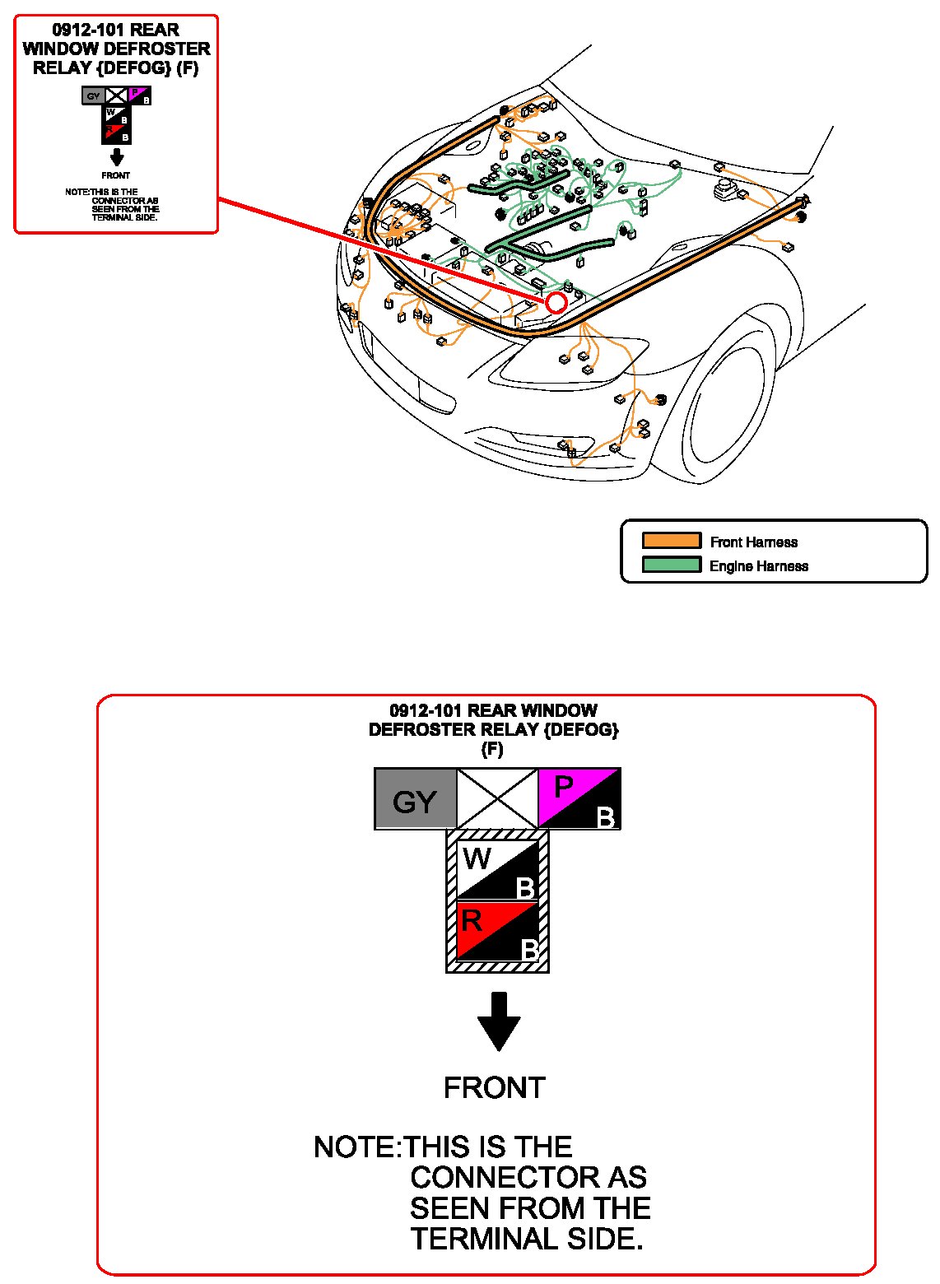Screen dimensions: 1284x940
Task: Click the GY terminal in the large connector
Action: [415, 799]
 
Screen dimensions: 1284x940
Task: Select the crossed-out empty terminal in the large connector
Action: [496, 798]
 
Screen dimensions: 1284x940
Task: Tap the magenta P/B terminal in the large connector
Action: [579, 798]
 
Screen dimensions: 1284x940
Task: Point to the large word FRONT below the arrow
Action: [494, 1087]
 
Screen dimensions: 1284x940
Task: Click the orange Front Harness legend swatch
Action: [672, 541]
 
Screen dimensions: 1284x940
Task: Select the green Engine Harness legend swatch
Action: [672, 565]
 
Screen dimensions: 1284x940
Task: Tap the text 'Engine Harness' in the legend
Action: [758, 566]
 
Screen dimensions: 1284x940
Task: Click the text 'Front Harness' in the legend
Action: [753, 542]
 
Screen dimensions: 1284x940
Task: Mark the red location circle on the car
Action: [556, 303]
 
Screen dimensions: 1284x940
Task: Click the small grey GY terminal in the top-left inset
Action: [93, 96]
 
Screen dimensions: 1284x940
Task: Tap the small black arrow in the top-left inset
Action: [117, 157]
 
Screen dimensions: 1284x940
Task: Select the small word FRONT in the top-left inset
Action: [116, 175]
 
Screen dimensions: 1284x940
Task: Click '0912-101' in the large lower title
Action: [425, 710]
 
